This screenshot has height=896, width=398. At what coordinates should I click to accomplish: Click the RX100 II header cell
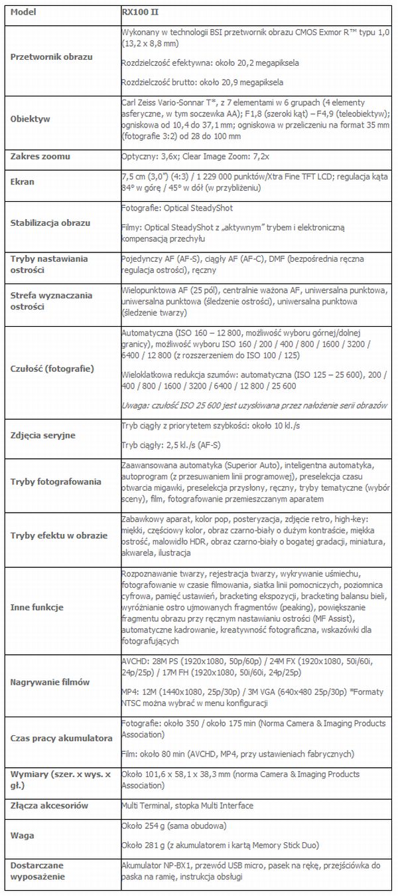[x=140, y=12]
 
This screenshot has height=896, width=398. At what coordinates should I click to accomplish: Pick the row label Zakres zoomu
[x=40, y=157]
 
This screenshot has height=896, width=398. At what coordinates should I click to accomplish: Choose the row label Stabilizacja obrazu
[x=50, y=223]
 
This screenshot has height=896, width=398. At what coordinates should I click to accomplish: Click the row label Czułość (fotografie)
[x=52, y=368]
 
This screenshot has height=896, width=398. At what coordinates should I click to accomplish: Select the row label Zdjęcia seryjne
[x=42, y=435]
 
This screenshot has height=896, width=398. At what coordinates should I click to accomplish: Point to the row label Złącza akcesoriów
[x=50, y=805]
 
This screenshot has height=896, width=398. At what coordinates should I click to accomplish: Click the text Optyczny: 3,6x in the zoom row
[x=149, y=157]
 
